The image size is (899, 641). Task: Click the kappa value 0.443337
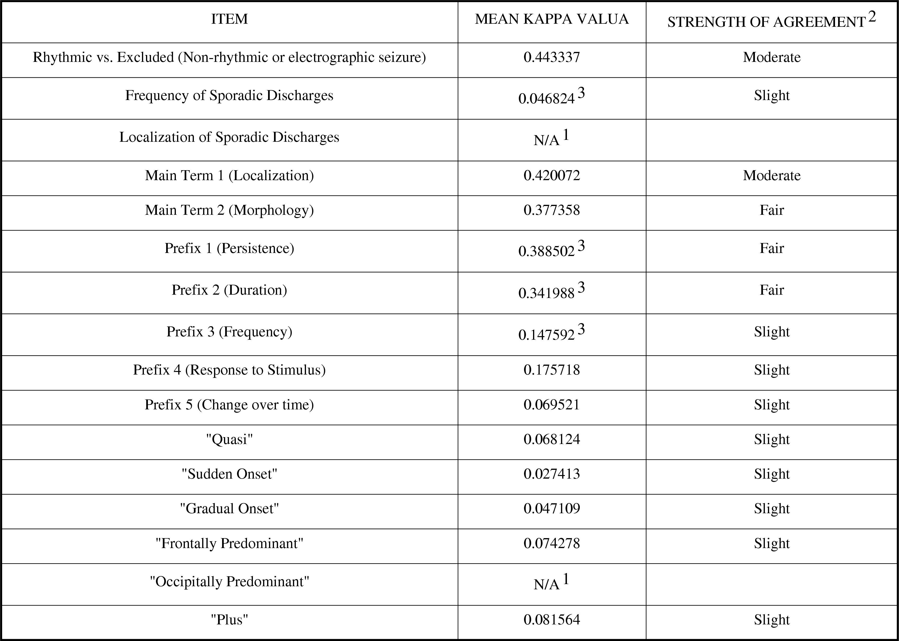(x=551, y=57)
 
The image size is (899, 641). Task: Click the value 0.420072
(x=551, y=175)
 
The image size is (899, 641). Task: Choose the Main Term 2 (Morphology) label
(x=229, y=210)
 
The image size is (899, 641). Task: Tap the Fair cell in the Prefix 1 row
(x=771, y=248)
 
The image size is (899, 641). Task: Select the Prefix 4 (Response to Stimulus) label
(x=229, y=370)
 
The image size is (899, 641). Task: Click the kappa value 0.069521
(x=551, y=405)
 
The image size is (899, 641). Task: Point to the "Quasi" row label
(x=229, y=439)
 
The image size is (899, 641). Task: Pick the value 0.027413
(x=551, y=474)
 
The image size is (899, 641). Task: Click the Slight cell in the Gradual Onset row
(x=771, y=508)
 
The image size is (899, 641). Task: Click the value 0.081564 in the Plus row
(x=551, y=620)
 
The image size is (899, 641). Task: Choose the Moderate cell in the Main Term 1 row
(x=771, y=175)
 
